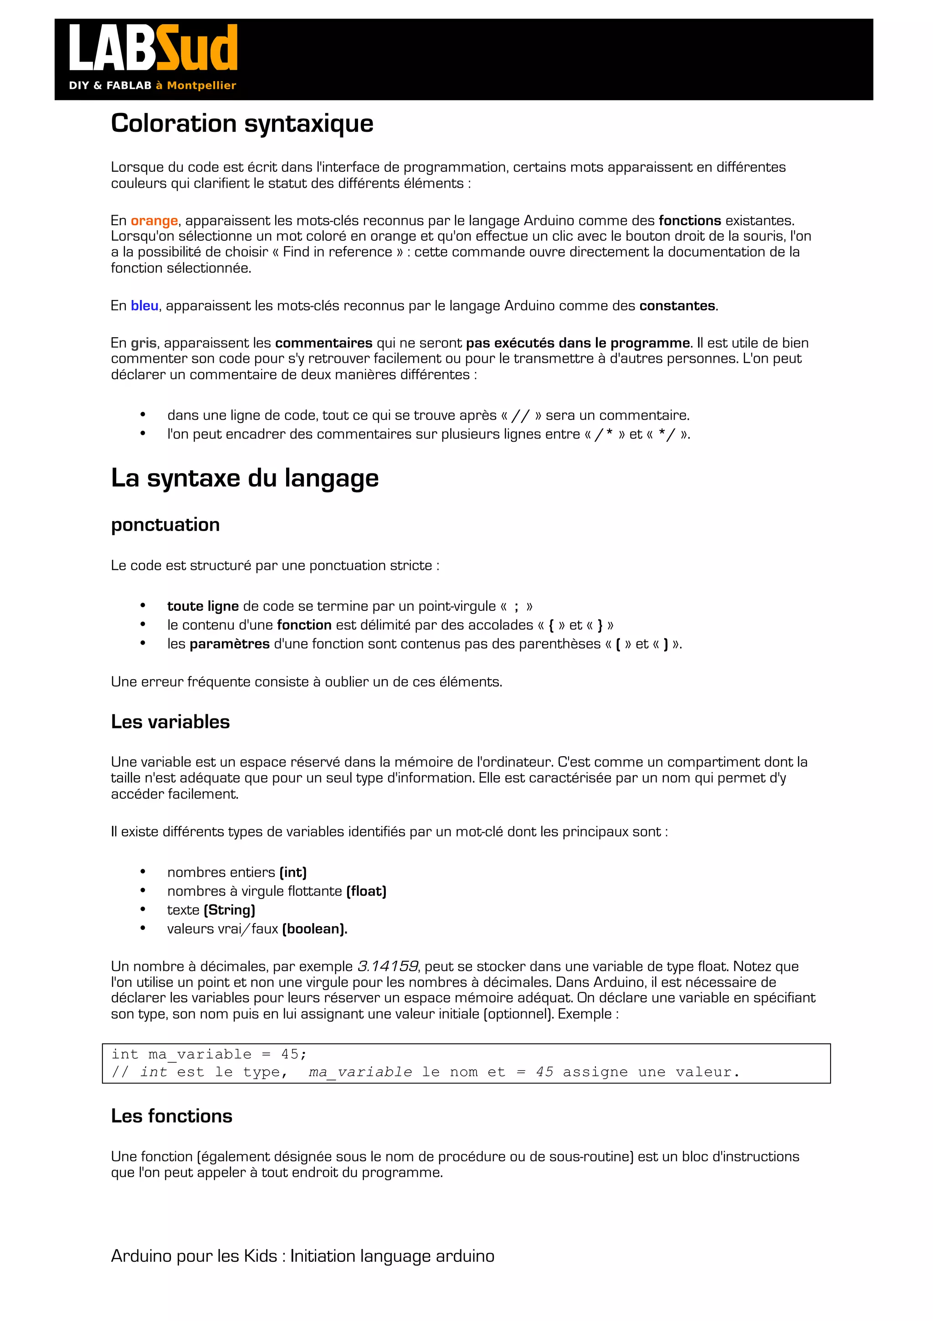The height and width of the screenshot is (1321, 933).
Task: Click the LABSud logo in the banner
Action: pyautogui.click(x=153, y=48)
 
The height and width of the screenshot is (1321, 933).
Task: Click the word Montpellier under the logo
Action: pyautogui.click(x=201, y=86)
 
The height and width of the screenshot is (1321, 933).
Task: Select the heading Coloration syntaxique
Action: pyautogui.click(x=242, y=124)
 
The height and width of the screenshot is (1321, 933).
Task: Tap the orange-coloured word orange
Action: pyautogui.click(x=154, y=221)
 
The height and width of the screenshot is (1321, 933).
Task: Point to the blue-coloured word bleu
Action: pyautogui.click(x=144, y=306)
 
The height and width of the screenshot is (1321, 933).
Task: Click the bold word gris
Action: pyautogui.click(x=144, y=344)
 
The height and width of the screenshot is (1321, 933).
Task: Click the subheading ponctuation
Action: pyautogui.click(x=165, y=525)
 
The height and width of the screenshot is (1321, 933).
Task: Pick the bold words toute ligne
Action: pyautogui.click(x=203, y=606)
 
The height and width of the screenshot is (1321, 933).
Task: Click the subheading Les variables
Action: pyautogui.click(x=170, y=722)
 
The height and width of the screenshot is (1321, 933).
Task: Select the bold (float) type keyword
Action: pyautogui.click(x=366, y=891)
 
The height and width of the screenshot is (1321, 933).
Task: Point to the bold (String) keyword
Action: pyautogui.click(x=229, y=910)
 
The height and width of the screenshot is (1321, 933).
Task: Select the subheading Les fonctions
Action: pyautogui.click(x=171, y=1116)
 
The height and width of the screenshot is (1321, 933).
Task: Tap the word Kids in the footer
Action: pyautogui.click(x=261, y=1256)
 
